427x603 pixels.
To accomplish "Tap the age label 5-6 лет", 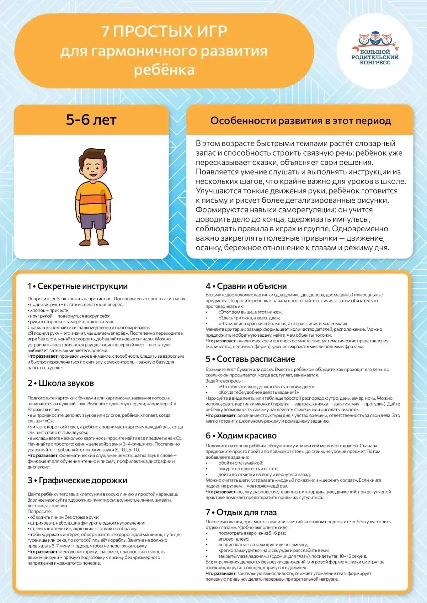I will point(91,120).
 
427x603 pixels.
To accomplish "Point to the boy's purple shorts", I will point(93,221).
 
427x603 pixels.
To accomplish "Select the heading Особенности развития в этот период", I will point(301,121).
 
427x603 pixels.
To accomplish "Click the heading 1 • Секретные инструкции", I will point(78,286).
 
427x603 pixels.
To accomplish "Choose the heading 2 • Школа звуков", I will point(61,383).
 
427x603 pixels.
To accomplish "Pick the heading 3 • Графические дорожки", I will point(77,480).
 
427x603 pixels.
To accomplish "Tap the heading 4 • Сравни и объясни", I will point(246,286).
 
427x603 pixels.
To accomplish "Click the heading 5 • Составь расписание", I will point(250,359).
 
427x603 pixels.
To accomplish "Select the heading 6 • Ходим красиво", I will point(241,435).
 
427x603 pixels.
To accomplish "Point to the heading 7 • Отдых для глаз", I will point(241,512).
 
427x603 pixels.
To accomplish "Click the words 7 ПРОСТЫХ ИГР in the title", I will point(164,32).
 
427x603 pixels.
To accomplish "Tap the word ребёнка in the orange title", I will point(164,70).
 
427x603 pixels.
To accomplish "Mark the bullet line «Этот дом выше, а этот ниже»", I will point(250,312).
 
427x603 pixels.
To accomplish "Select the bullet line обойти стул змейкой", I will point(241,463).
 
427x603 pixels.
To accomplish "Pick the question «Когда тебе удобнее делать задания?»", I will point(259,392).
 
